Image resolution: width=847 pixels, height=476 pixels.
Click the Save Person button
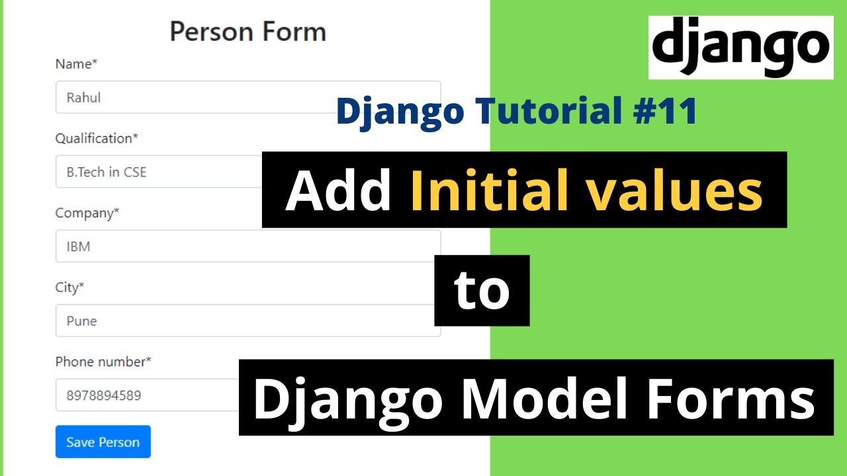103,442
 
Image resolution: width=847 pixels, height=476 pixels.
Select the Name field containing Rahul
247,97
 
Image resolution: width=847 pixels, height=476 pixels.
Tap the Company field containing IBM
247,247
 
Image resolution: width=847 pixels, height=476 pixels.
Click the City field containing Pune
247,321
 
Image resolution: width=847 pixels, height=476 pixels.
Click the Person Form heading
247,32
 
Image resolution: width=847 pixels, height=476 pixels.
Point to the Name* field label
76,64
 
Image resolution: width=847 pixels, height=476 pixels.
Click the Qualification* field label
97,138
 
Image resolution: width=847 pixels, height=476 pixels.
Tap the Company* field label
87,213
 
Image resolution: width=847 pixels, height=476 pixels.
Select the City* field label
70,288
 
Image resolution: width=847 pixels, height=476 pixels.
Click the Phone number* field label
103,362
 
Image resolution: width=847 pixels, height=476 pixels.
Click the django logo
740,48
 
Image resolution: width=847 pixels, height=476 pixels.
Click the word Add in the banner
338,190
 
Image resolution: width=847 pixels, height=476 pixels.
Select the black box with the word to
482,291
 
